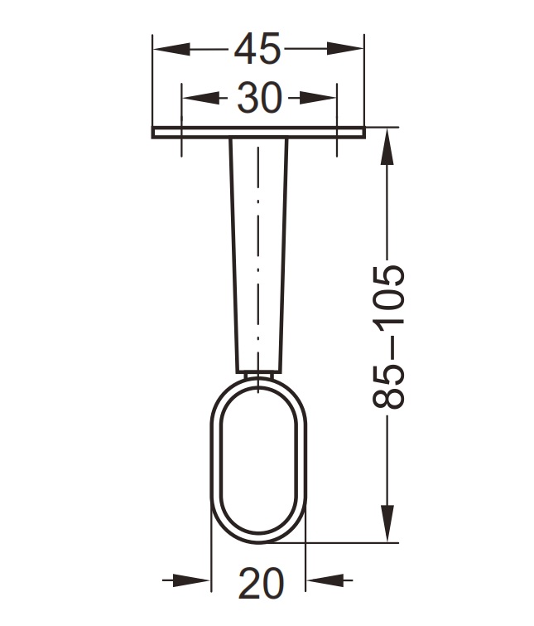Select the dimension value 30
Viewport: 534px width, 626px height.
coord(259,99)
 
